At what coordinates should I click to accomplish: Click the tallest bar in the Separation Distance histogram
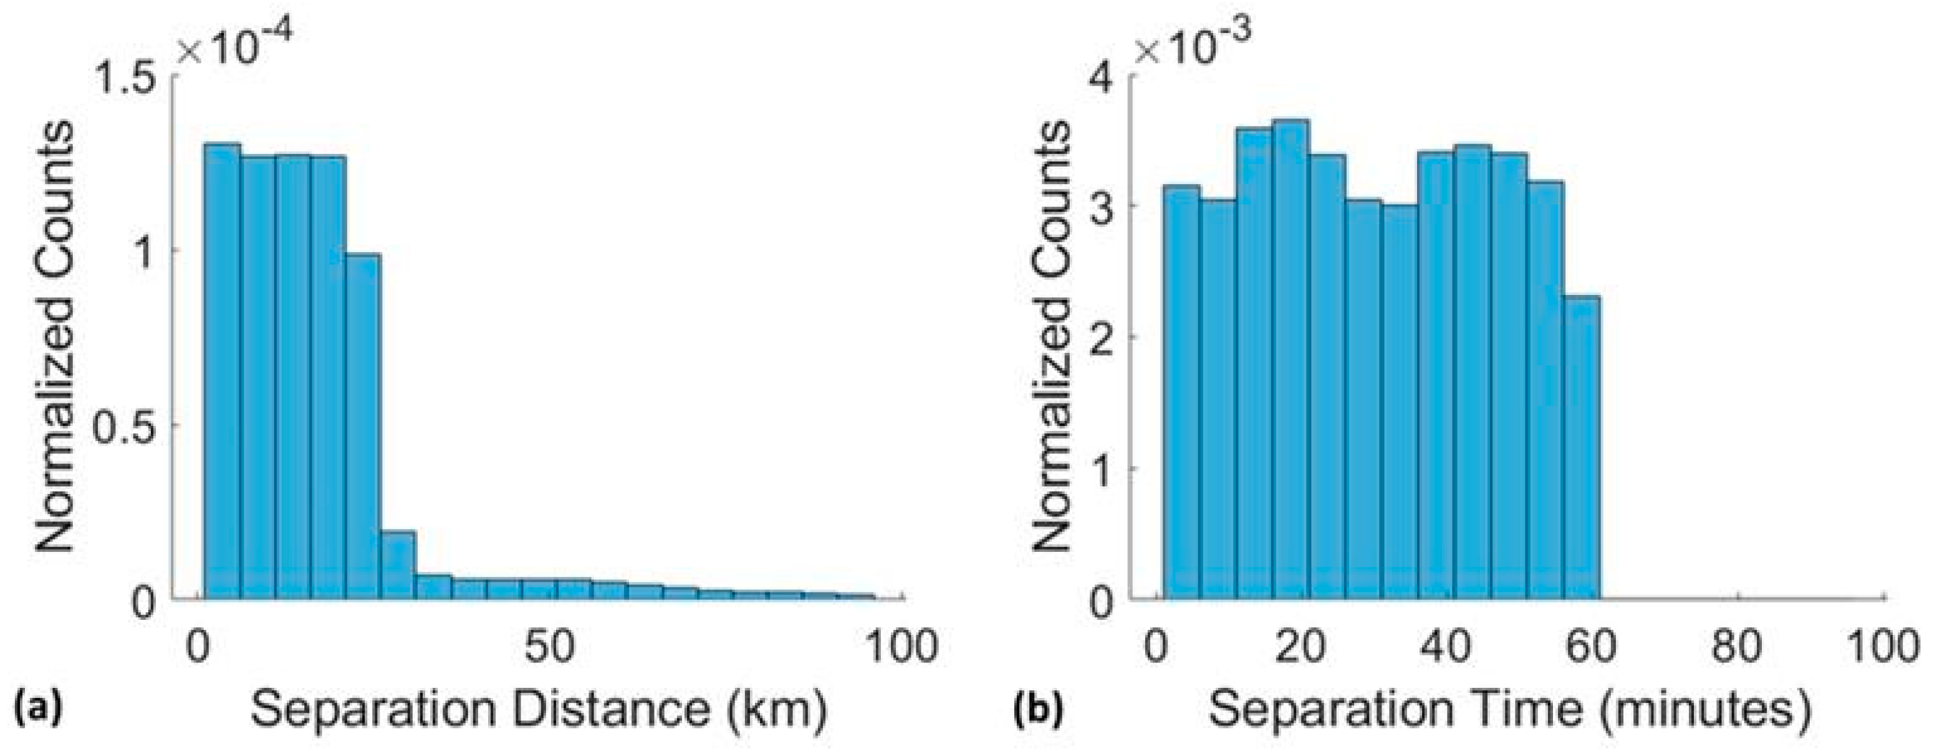click(x=223, y=372)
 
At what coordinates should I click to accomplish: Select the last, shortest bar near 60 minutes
click(x=1581, y=447)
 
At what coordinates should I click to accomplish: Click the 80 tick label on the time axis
click(x=1739, y=646)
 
